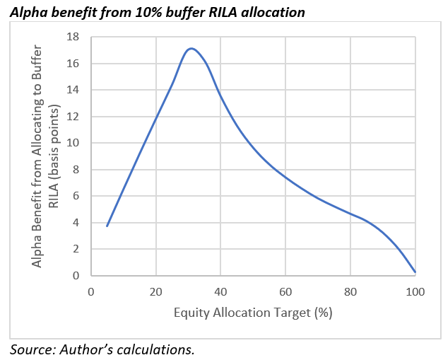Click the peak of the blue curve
pos(191,48)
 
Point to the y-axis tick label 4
pos(76,223)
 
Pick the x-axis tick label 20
pos(155,292)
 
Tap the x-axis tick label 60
pos(285,292)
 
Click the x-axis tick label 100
pos(415,292)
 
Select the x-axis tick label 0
pos(90,292)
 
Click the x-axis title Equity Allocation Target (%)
pos(253,311)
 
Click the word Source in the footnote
pos(31,349)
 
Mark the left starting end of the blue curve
pos(107,226)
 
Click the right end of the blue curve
pos(415,272)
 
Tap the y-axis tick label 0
pos(76,276)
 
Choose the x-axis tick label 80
pos(350,292)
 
